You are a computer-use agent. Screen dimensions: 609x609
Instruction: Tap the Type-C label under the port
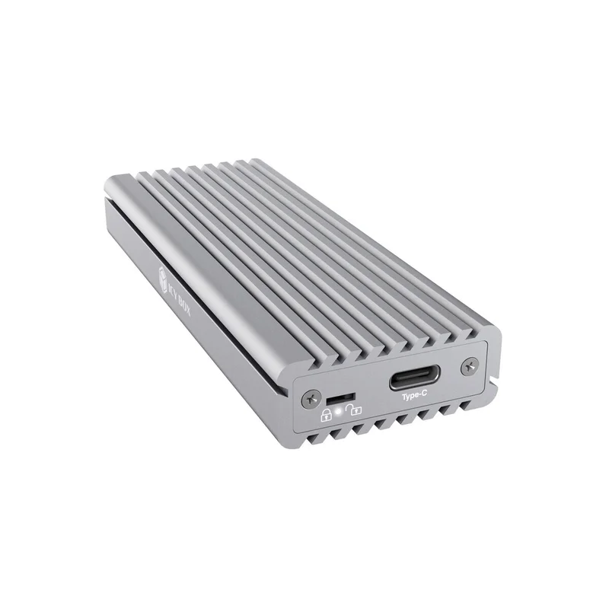[x=414, y=395]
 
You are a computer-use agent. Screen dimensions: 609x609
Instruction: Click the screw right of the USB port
[x=470, y=367]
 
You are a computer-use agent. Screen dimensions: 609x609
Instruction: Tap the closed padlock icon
[x=326, y=414]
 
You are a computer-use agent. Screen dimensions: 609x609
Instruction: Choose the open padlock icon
[x=354, y=409]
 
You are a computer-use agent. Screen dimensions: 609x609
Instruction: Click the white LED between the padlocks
[x=339, y=410]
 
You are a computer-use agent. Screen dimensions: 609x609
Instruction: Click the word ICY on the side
[x=174, y=290]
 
